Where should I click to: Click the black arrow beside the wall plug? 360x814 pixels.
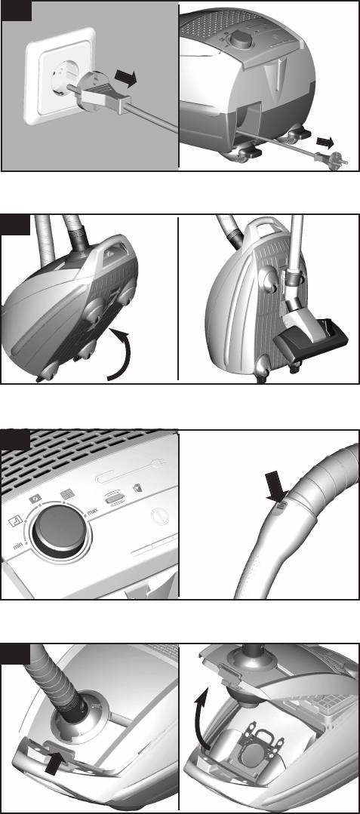tap(125, 78)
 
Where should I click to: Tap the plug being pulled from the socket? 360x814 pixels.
tap(100, 93)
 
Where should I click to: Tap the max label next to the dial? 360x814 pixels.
tap(93, 512)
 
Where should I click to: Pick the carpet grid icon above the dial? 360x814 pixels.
tap(67, 493)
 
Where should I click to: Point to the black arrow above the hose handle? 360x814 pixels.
tap(277, 486)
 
